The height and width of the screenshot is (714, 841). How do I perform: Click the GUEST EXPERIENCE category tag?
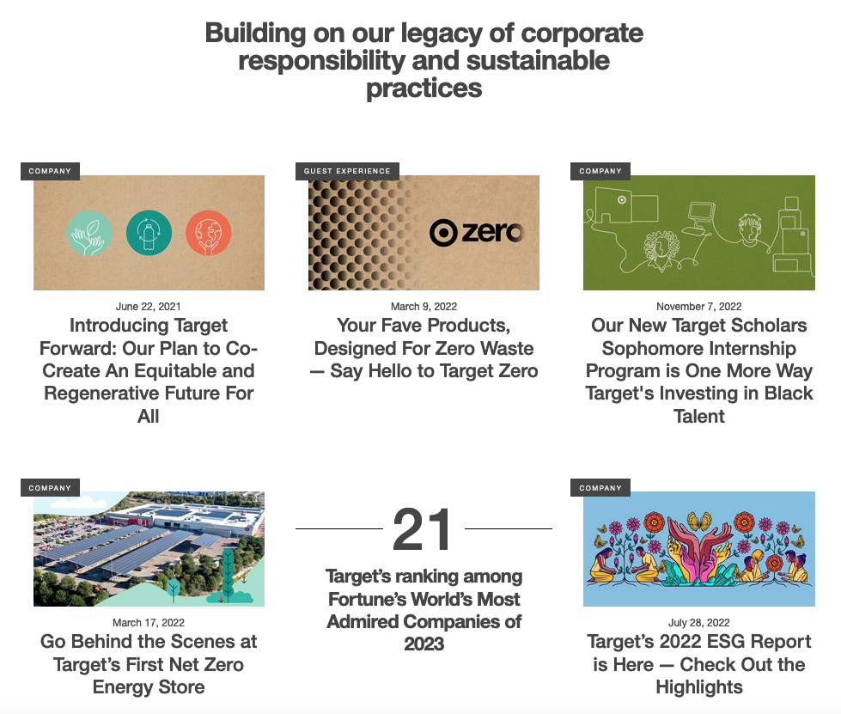(x=347, y=171)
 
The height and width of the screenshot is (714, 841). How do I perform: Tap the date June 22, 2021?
(x=148, y=306)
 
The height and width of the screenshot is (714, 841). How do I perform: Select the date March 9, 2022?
(x=424, y=306)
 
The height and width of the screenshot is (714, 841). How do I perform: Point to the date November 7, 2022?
(x=699, y=306)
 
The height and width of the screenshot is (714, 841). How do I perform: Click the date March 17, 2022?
(x=148, y=622)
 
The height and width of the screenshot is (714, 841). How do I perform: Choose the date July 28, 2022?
(x=699, y=622)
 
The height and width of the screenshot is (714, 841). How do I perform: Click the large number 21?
(x=423, y=530)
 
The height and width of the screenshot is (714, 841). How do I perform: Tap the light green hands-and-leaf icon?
(x=89, y=233)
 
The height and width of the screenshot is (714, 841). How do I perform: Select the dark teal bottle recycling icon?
(x=149, y=233)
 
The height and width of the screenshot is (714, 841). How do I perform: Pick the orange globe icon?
(x=209, y=233)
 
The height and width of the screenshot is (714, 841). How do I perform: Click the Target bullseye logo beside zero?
(x=443, y=233)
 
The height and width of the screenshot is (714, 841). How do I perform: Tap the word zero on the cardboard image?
(x=492, y=232)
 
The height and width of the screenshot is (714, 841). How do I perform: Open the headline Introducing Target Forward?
(x=149, y=370)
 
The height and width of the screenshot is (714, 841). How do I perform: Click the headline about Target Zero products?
(x=424, y=348)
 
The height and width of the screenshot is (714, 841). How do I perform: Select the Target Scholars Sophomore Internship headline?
(x=699, y=370)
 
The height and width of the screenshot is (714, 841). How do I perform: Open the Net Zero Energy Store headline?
(x=149, y=664)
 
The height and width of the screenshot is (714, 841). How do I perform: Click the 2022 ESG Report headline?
(x=699, y=664)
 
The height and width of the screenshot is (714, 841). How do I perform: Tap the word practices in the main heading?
(x=424, y=88)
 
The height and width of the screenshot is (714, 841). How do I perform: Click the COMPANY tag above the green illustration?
(x=600, y=171)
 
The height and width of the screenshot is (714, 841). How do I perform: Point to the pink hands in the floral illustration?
(x=698, y=552)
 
